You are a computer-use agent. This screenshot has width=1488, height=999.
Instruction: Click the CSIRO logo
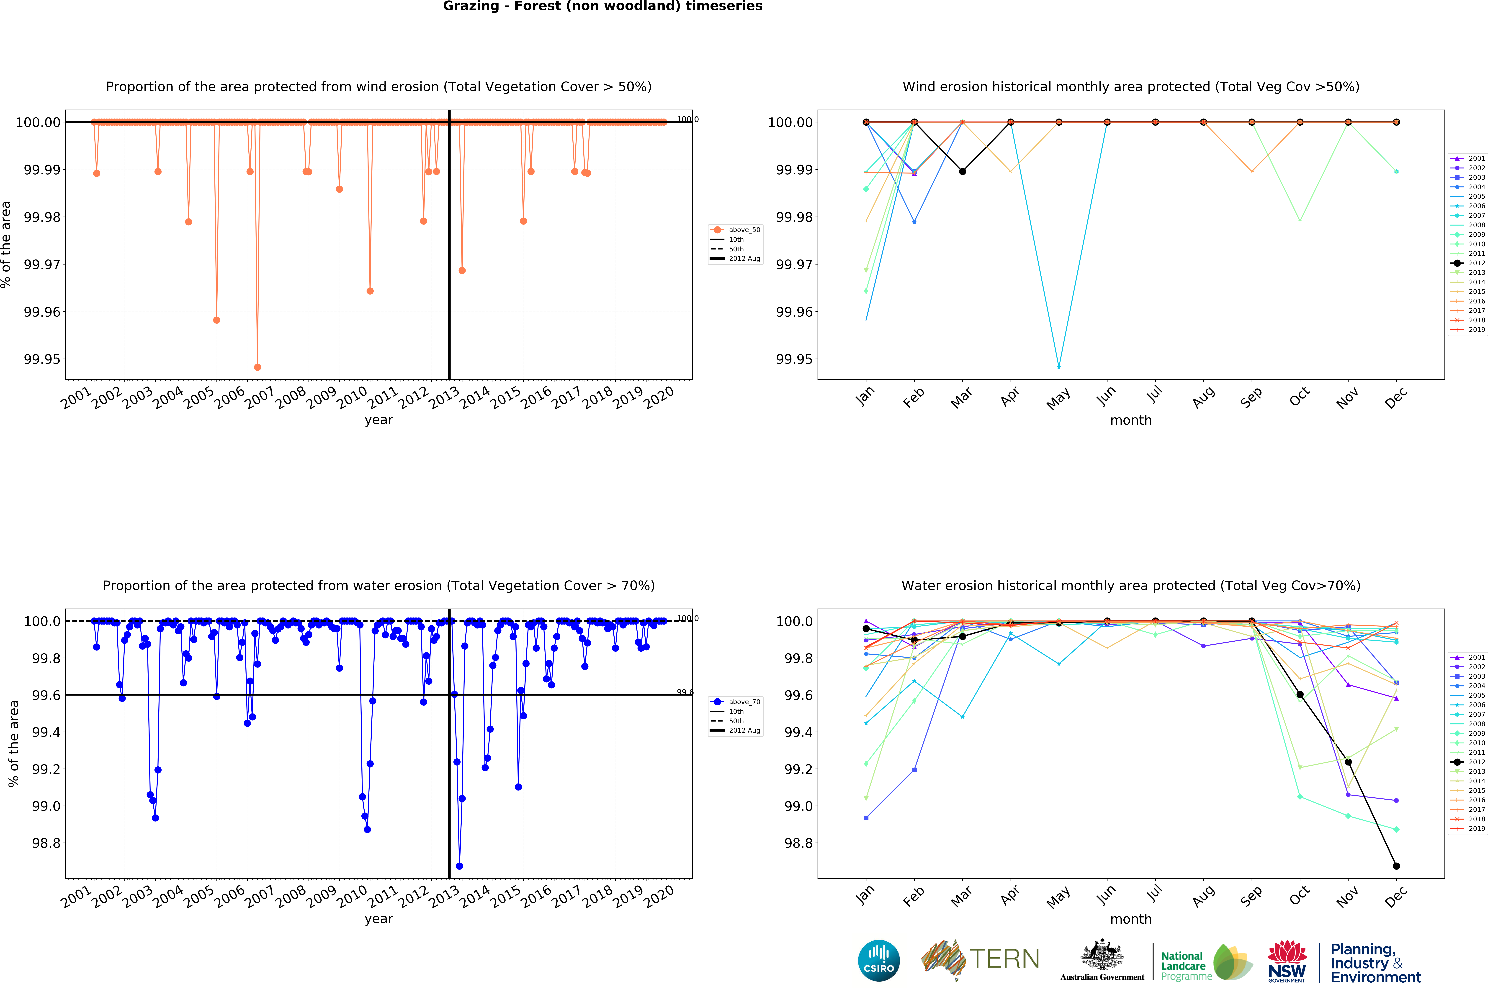[x=878, y=960]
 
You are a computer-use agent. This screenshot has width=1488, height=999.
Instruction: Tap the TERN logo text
[x=1004, y=959]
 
